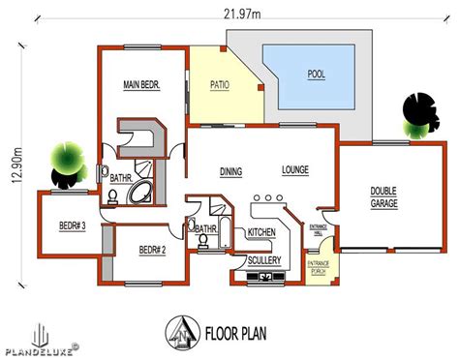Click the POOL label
(316, 75)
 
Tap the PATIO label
(220, 85)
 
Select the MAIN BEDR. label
(141, 85)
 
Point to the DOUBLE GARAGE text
(383, 197)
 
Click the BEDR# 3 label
(73, 225)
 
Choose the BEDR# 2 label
(152, 250)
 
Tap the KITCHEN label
(261, 232)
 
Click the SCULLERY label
(264, 260)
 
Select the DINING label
(230, 171)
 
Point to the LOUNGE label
(295, 169)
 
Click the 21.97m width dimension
(242, 14)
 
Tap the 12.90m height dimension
(16, 165)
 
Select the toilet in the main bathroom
(112, 197)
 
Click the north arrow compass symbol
(182, 333)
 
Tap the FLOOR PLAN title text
(236, 333)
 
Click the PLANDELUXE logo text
(40, 351)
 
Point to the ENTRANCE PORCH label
(319, 268)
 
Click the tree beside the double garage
(420, 116)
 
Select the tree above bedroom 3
(69, 165)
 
